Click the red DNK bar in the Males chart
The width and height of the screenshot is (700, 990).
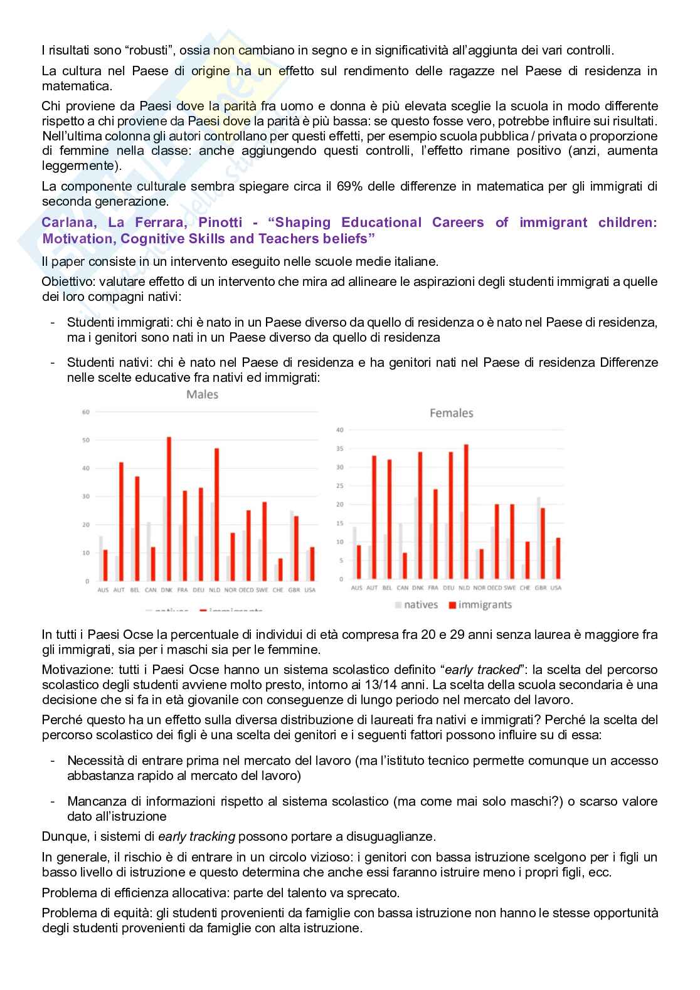coord(169,508)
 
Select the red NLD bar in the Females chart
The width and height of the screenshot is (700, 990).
coord(466,512)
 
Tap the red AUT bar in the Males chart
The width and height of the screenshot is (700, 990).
coord(121,521)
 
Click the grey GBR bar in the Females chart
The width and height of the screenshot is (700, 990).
coord(539,538)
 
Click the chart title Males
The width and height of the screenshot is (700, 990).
coord(202,394)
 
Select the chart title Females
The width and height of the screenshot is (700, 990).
coord(451,413)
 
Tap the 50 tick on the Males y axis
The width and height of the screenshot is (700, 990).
coord(86,440)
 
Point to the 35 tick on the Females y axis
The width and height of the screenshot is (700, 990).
coord(340,448)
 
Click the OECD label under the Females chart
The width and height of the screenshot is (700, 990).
coord(496,587)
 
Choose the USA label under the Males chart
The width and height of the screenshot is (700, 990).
coord(309,590)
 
